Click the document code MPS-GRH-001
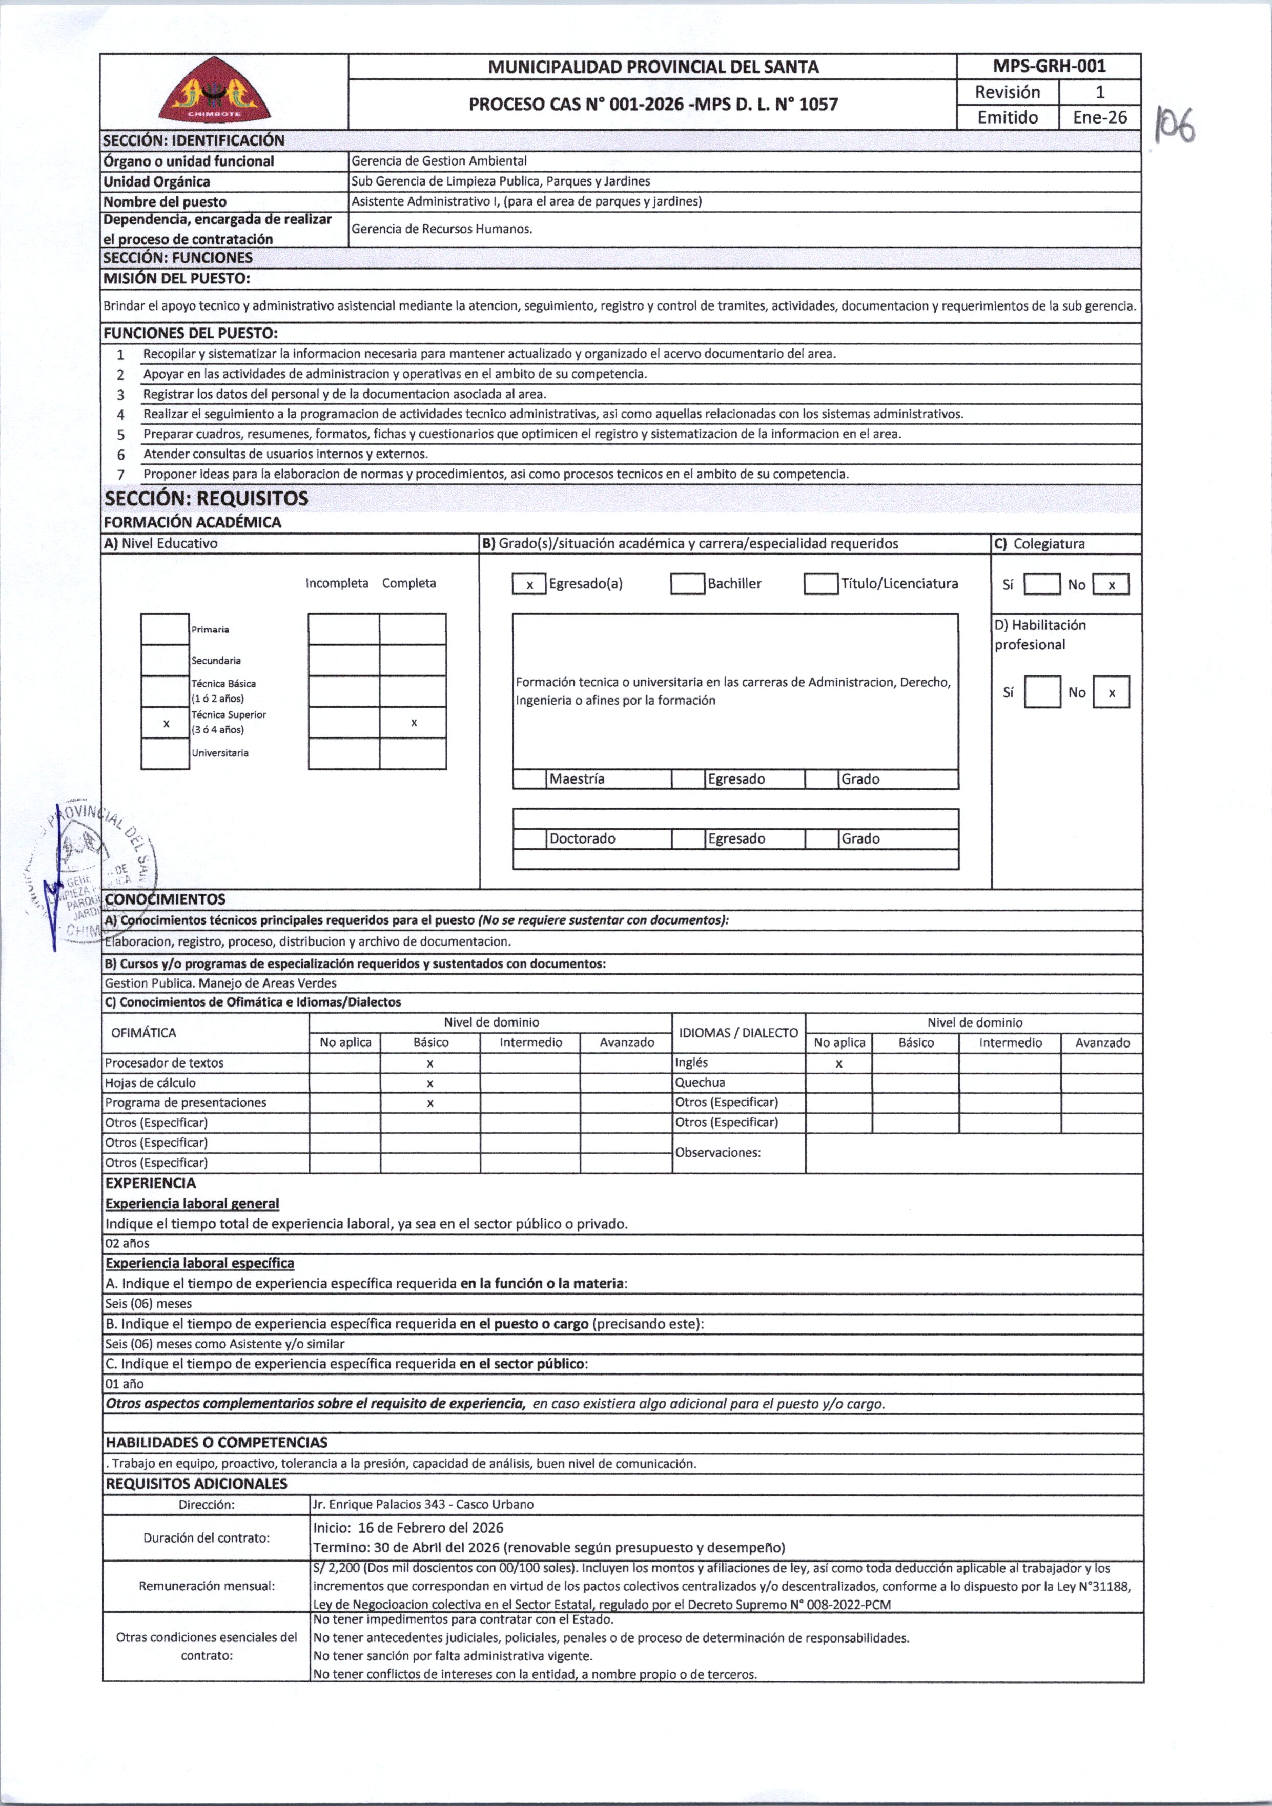coord(1049,67)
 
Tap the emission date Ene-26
coord(1100,117)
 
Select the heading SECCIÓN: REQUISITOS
coord(206,498)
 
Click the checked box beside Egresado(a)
coord(529,584)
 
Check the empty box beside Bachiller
coord(687,584)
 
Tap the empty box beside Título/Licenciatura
coord(820,584)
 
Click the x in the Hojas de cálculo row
coord(430,1083)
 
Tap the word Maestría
coord(577,778)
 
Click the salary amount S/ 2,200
coord(337,1568)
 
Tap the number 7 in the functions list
coord(120,475)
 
